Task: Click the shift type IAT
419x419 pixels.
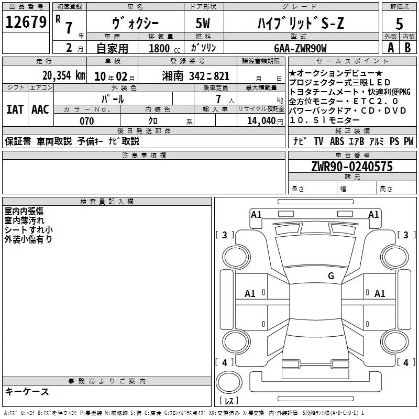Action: pos(15,109)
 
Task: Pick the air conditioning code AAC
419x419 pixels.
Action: pos(40,109)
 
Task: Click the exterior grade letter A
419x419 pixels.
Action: pos(390,48)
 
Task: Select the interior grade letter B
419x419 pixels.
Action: pos(408,48)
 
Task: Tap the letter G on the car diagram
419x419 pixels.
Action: pos(330,276)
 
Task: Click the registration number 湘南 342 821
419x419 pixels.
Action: pos(196,75)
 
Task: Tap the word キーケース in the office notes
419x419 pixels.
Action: pos(27,392)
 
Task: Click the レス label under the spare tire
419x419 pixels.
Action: pos(228,401)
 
